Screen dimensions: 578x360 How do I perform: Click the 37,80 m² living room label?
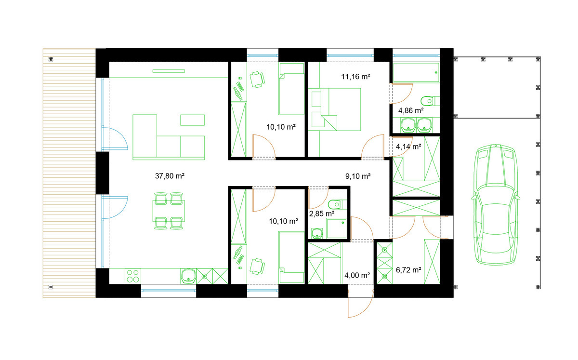[170, 176]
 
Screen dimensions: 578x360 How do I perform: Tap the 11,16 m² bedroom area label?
[355, 77]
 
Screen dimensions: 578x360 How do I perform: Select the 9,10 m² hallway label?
[358, 176]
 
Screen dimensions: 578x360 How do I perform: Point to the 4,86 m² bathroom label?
[411, 111]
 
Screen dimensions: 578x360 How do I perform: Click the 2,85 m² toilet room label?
[322, 214]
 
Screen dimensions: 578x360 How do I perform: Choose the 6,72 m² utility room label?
[408, 270]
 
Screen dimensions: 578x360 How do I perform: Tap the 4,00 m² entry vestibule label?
[357, 275]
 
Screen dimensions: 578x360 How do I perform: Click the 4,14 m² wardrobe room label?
[408, 147]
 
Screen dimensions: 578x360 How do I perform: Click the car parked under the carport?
[496, 204]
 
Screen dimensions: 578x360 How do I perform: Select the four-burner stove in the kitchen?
[133, 276]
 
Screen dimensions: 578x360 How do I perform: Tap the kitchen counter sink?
[188, 276]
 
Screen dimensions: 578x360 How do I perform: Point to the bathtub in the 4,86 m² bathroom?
[416, 73]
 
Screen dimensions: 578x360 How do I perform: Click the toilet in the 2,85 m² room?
[338, 204]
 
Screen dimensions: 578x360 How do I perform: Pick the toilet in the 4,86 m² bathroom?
[430, 101]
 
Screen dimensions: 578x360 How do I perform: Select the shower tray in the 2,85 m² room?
[336, 228]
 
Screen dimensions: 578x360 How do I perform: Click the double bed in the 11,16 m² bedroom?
[334, 109]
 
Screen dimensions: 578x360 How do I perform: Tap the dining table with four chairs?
[169, 211]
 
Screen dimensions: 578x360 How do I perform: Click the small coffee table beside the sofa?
[193, 120]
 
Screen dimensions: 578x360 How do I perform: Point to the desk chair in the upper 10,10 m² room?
[257, 80]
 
